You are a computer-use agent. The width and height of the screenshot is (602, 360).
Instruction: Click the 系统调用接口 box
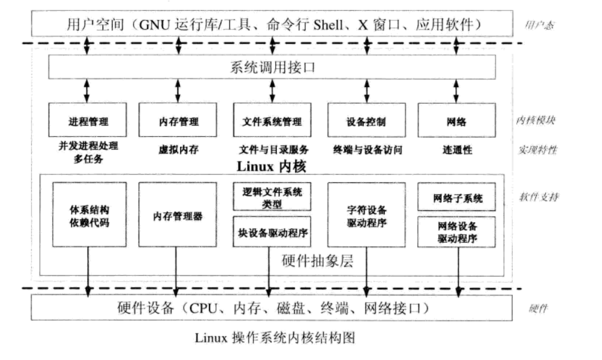click(273, 66)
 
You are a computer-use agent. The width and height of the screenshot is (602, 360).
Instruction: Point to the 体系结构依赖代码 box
click(88, 214)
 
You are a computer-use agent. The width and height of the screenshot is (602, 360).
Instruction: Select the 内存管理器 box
click(177, 214)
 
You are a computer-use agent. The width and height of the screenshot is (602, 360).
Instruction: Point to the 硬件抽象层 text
click(317, 261)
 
